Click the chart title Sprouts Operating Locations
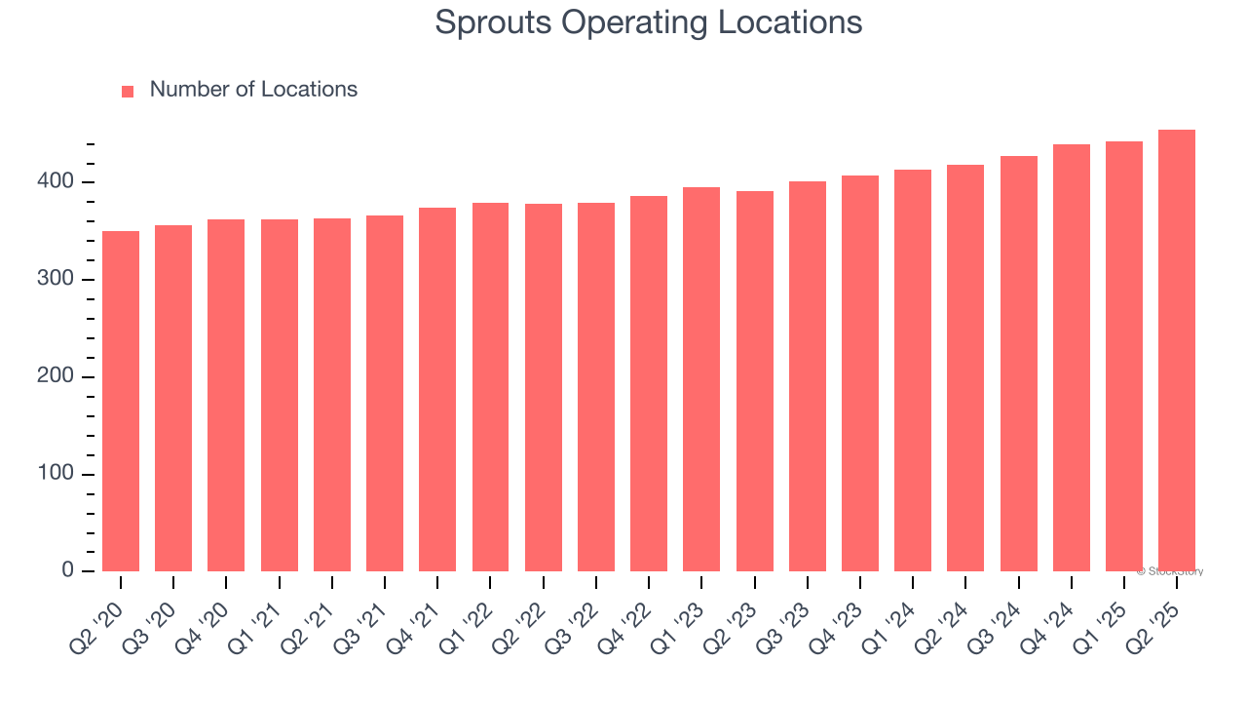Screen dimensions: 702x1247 tap(648, 22)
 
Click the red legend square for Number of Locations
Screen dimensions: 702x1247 tap(128, 91)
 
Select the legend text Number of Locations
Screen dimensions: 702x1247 tap(253, 90)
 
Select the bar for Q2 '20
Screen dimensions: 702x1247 tap(121, 401)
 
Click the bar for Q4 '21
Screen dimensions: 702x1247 tap(437, 389)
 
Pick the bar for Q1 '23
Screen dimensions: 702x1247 tap(701, 379)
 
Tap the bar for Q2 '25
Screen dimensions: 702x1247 tap(1177, 350)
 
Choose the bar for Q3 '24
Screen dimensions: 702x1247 tap(1018, 364)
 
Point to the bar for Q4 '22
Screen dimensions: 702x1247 tap(649, 383)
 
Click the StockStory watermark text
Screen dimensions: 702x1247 tap(1170, 571)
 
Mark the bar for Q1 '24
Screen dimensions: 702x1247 tap(913, 370)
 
